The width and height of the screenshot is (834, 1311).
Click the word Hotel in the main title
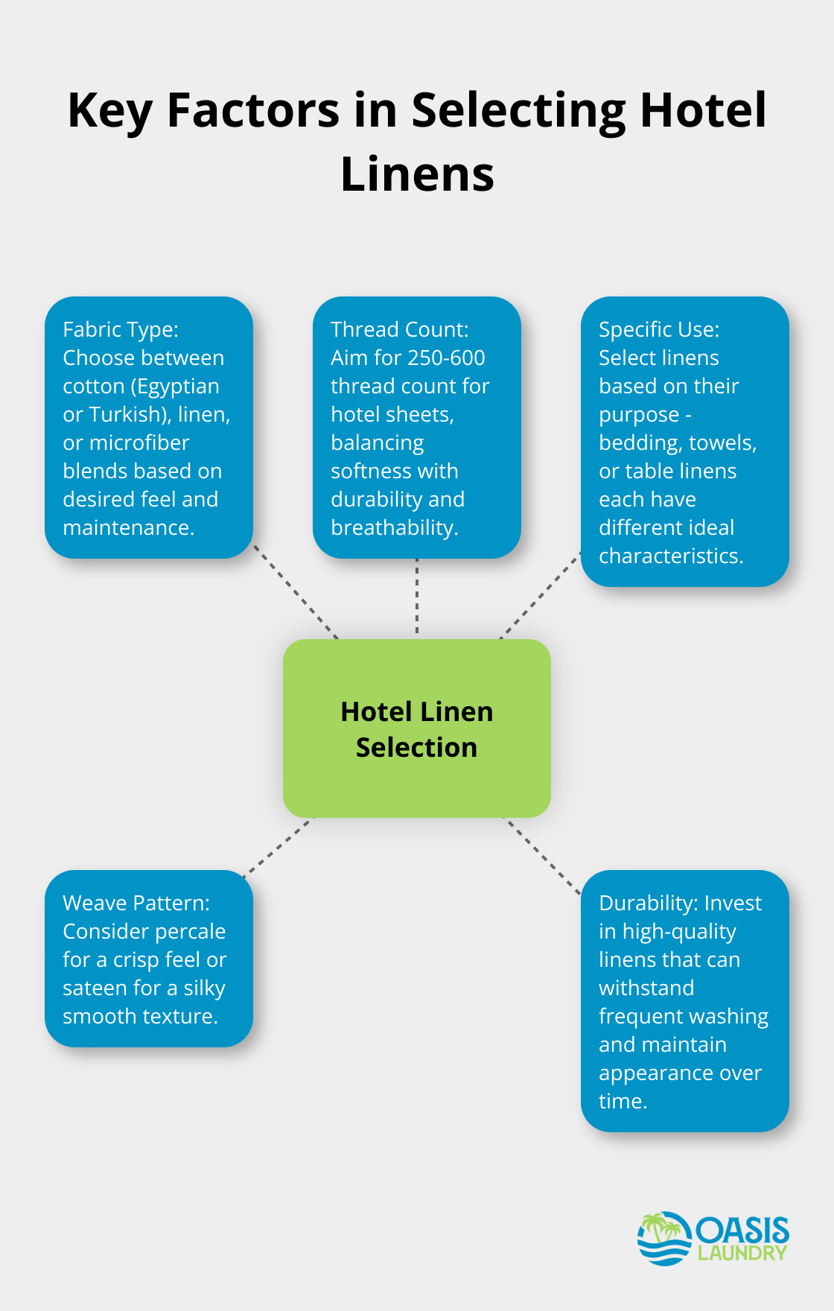point(702,110)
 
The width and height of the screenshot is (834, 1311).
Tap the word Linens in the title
point(417,174)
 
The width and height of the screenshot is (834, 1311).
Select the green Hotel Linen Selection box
point(417,728)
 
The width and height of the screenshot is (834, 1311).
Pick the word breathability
point(394,528)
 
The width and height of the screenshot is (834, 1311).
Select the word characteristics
point(670,556)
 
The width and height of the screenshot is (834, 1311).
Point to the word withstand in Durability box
point(646,988)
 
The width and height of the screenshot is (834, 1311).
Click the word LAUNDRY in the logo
point(742,1254)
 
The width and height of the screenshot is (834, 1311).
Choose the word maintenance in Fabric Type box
point(128,528)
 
